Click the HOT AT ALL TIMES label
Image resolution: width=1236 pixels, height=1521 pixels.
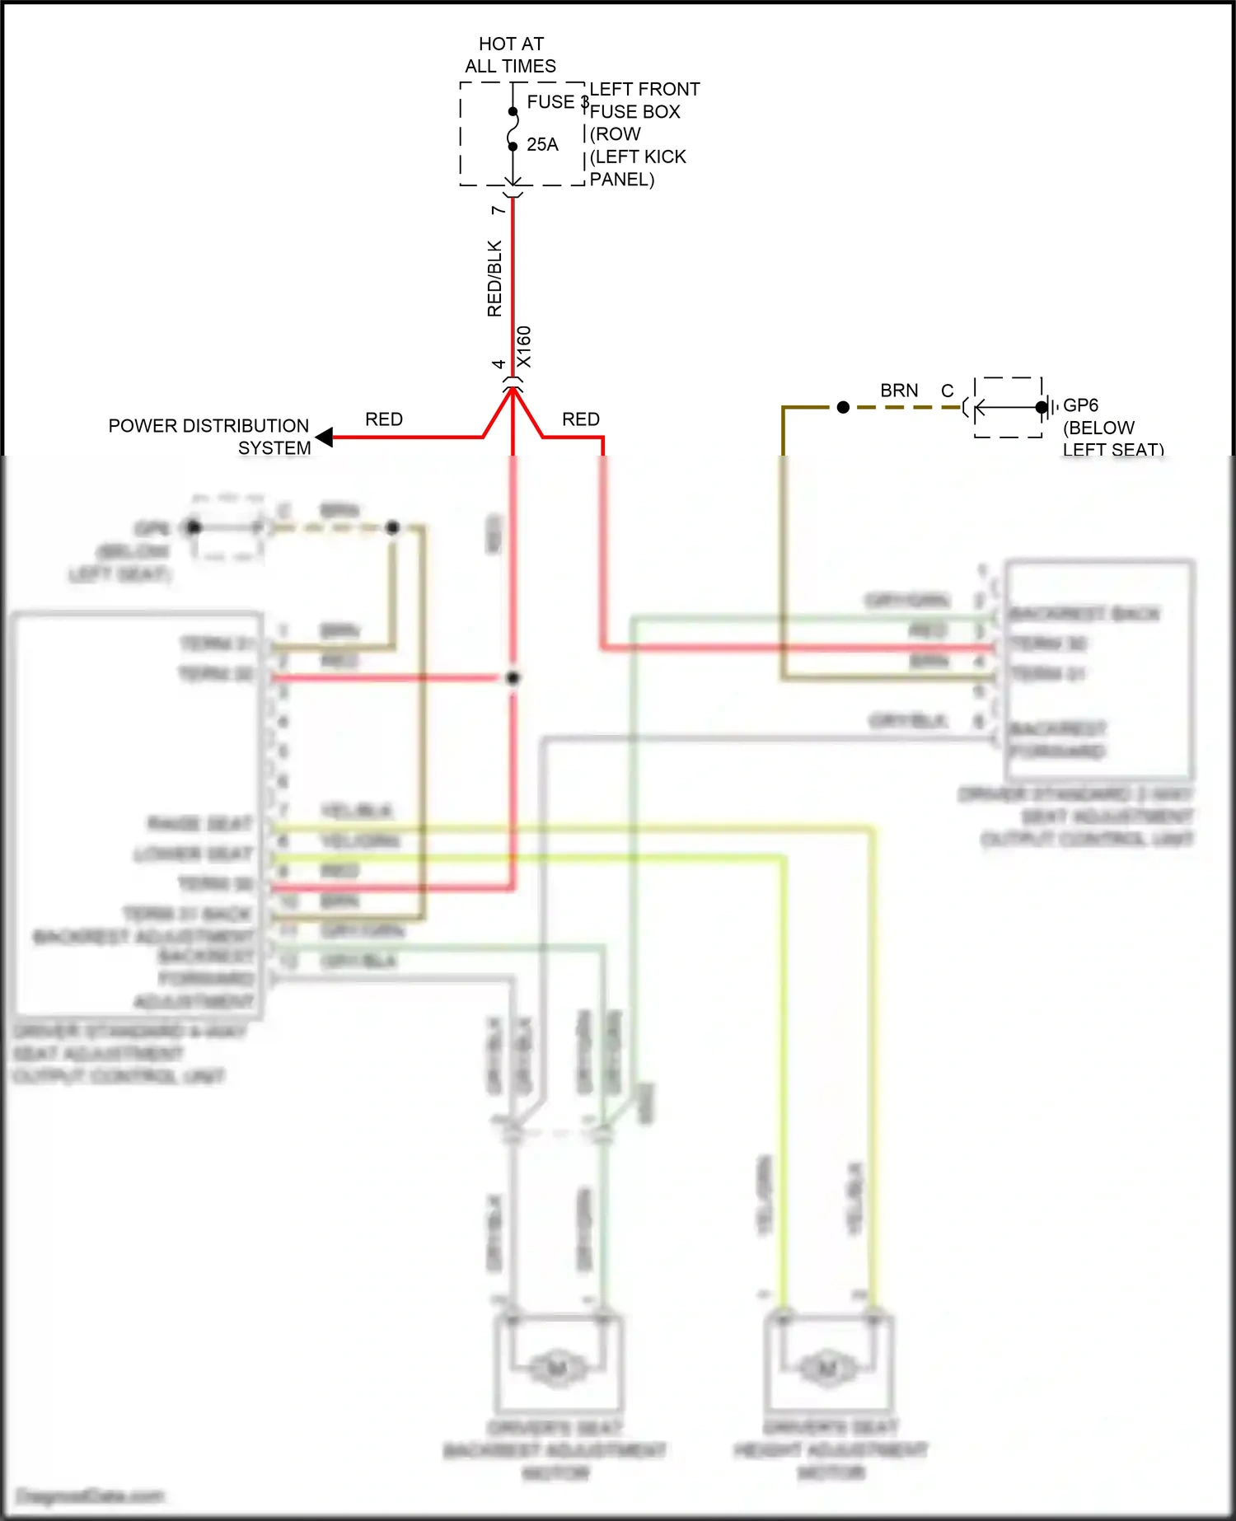pos(511,55)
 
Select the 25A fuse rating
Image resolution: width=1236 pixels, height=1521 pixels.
pos(542,145)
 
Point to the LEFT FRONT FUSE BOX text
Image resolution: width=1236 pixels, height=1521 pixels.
pos(644,100)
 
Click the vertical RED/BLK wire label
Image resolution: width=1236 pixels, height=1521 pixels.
pos(494,278)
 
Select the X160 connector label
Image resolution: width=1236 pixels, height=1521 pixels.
pos(524,347)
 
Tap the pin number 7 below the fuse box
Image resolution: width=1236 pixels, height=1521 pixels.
pos(498,211)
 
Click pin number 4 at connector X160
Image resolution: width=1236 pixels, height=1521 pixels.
pos(499,364)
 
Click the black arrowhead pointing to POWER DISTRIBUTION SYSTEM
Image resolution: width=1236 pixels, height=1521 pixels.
pos(325,437)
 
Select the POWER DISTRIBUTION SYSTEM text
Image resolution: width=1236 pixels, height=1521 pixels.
pos(209,437)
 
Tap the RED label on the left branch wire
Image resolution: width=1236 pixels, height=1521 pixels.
pos(384,419)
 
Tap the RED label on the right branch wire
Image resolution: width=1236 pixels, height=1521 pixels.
pos(581,419)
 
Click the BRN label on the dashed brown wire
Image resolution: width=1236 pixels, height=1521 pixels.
pos(899,391)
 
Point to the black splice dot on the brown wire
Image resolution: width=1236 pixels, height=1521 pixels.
pos(843,407)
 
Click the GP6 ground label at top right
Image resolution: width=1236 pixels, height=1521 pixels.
pos(1080,405)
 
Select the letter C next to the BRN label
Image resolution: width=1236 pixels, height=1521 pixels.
pos(948,391)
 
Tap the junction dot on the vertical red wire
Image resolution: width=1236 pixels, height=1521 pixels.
pos(513,677)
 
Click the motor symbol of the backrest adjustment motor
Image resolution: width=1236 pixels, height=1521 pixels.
pos(556,1369)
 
